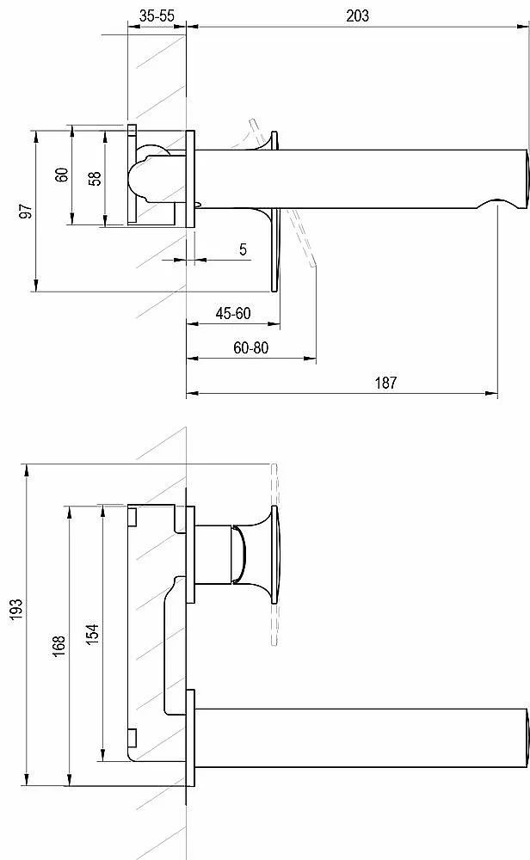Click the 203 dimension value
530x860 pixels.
coord(357,15)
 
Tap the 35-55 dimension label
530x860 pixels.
coord(157,15)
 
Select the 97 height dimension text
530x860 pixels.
coord(26,212)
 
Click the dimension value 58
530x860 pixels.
coord(95,178)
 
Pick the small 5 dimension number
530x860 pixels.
coord(243,249)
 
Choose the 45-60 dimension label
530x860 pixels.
coord(233,313)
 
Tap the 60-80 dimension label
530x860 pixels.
coord(250,347)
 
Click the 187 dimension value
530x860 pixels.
coord(385,383)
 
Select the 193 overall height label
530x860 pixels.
coord(16,610)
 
